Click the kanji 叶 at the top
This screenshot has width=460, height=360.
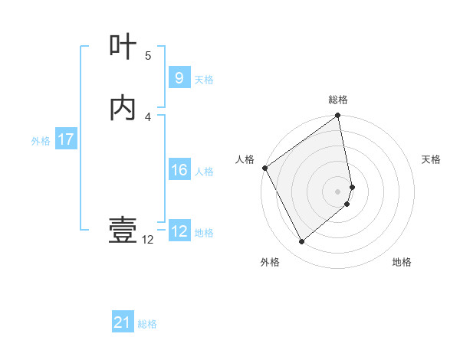(123, 47)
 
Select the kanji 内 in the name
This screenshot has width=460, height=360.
(123, 108)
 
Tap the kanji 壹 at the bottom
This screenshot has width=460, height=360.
(123, 230)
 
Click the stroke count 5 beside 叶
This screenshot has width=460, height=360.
(148, 56)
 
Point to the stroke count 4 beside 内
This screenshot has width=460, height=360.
(148, 117)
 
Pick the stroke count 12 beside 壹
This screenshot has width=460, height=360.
(148, 240)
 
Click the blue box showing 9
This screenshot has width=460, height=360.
(179, 77)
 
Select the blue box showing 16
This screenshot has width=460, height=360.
(179, 170)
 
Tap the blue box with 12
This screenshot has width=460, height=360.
(179, 231)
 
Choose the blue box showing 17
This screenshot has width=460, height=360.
(66, 139)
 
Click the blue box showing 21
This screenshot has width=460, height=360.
(123, 322)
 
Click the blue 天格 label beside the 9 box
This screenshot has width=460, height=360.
(204, 79)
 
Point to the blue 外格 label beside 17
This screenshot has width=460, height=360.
(41, 141)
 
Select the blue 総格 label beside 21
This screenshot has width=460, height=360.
(147, 324)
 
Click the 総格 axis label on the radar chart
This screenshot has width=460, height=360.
(338, 100)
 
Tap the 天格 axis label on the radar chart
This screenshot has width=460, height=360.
(432, 159)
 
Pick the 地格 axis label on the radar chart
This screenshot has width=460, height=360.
(402, 262)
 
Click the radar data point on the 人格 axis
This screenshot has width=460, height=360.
(264, 168)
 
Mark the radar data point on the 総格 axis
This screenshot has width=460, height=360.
(338, 116)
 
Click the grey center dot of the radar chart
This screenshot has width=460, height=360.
(338, 191)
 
